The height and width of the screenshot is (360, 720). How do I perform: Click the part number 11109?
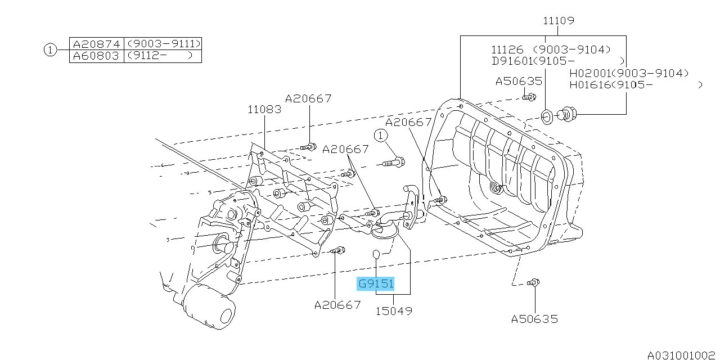(558, 21)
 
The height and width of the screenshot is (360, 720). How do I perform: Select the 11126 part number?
(507, 49)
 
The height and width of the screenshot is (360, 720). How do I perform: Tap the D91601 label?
(511, 61)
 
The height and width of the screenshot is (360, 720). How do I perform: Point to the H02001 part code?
(589, 74)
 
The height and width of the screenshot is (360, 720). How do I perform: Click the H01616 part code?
(589, 85)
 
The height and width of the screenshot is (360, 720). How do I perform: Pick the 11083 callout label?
(264, 110)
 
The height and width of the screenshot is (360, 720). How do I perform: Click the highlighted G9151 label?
(376, 284)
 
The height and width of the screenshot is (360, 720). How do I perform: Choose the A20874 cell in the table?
(96, 44)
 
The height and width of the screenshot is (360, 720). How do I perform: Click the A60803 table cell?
(96, 56)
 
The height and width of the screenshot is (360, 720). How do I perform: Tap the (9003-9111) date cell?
(163, 44)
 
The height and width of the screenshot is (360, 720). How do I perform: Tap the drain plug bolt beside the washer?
(568, 115)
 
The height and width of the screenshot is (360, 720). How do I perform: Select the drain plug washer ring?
(547, 117)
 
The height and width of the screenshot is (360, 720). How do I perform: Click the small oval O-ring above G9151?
(376, 258)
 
